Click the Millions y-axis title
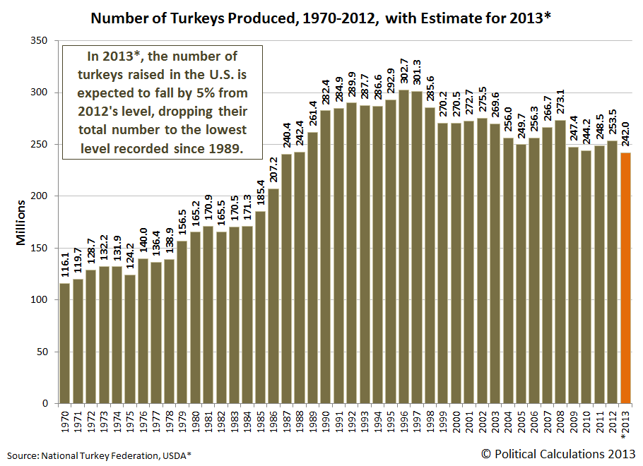20,222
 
